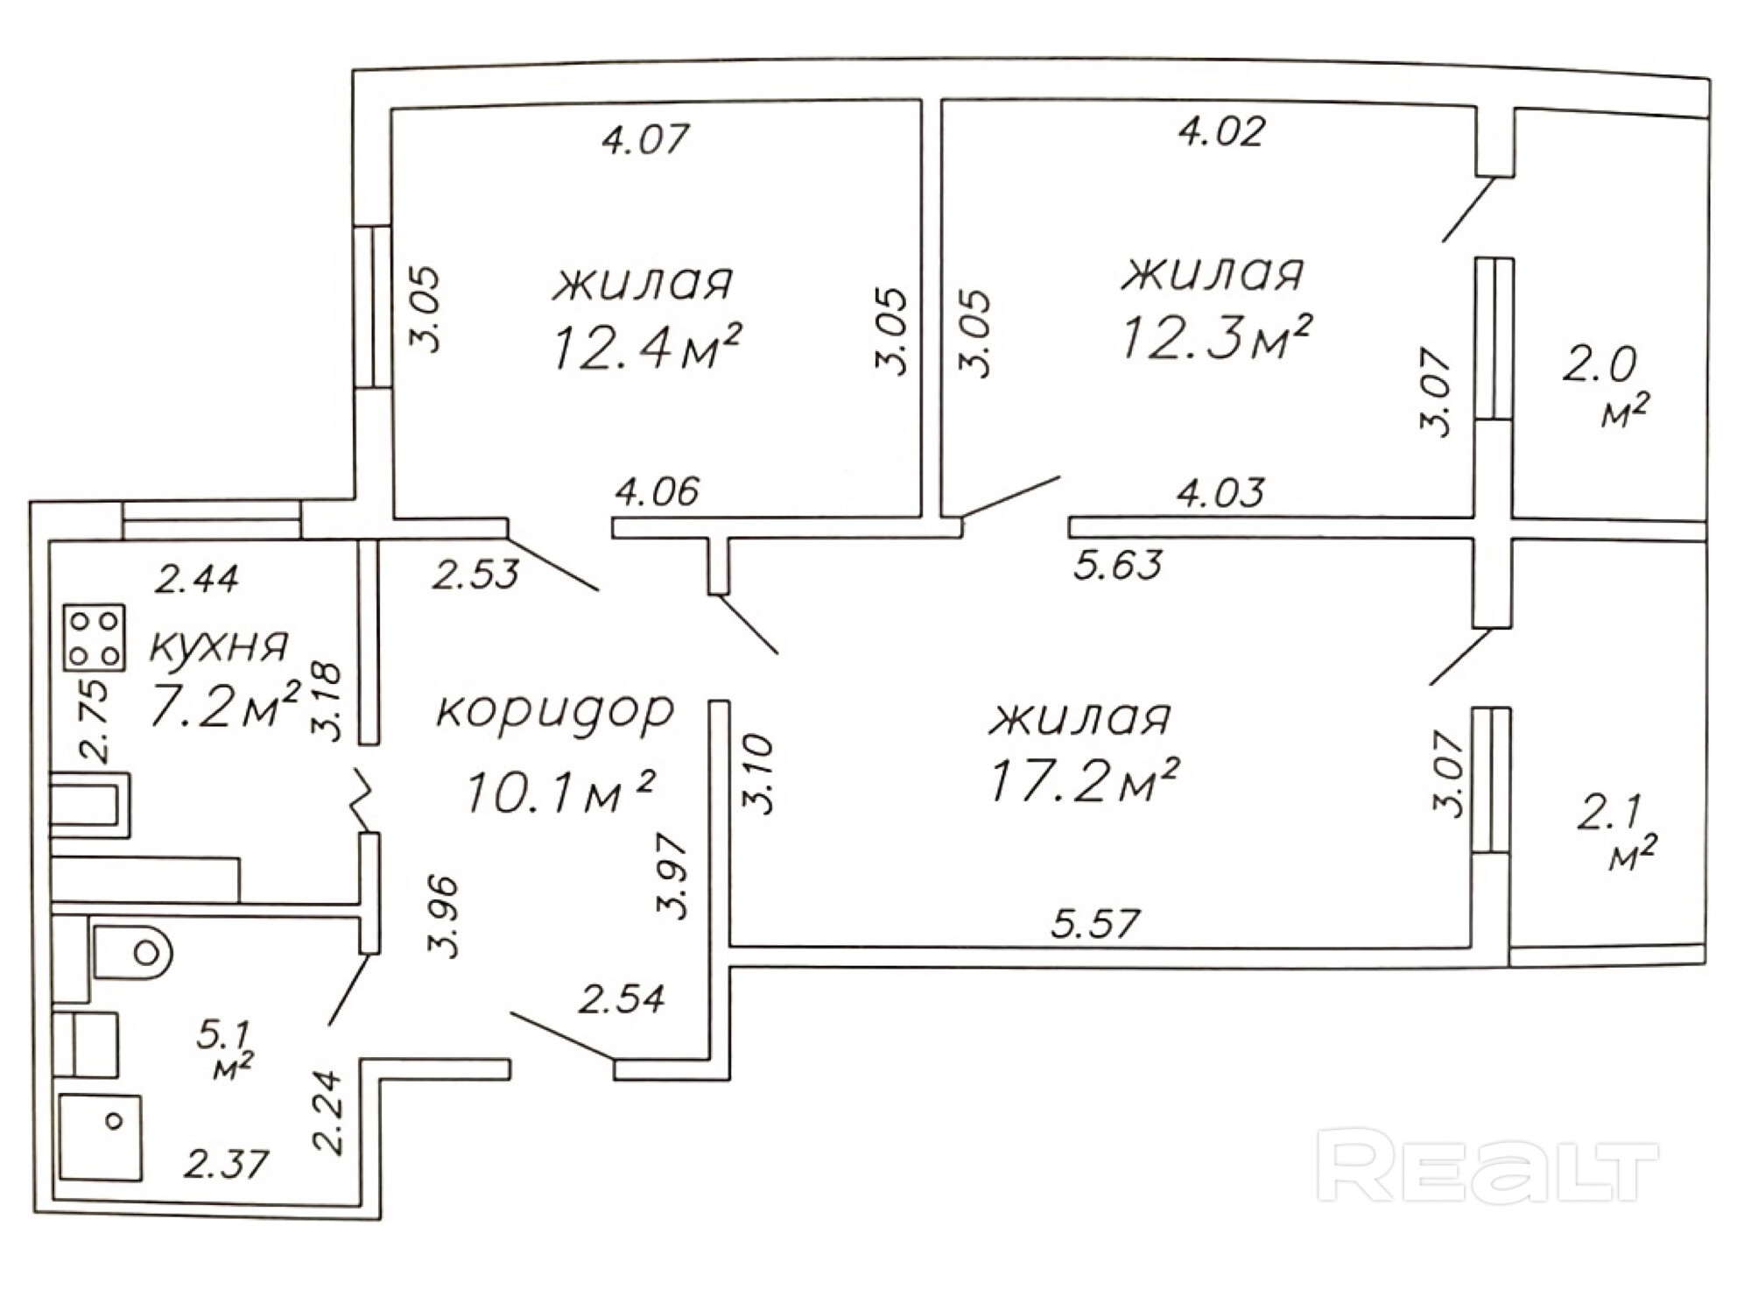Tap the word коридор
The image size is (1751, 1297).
coord(555,712)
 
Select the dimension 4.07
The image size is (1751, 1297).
coord(646,139)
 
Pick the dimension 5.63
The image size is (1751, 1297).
coord(1118,565)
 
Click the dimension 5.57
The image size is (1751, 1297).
coord(1096,924)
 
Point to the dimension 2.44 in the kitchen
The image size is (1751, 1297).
coord(197,579)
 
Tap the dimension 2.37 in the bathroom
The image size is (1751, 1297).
coord(225,1164)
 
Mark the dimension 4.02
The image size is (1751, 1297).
coord(1221,132)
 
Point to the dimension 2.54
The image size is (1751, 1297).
coord(622,998)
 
